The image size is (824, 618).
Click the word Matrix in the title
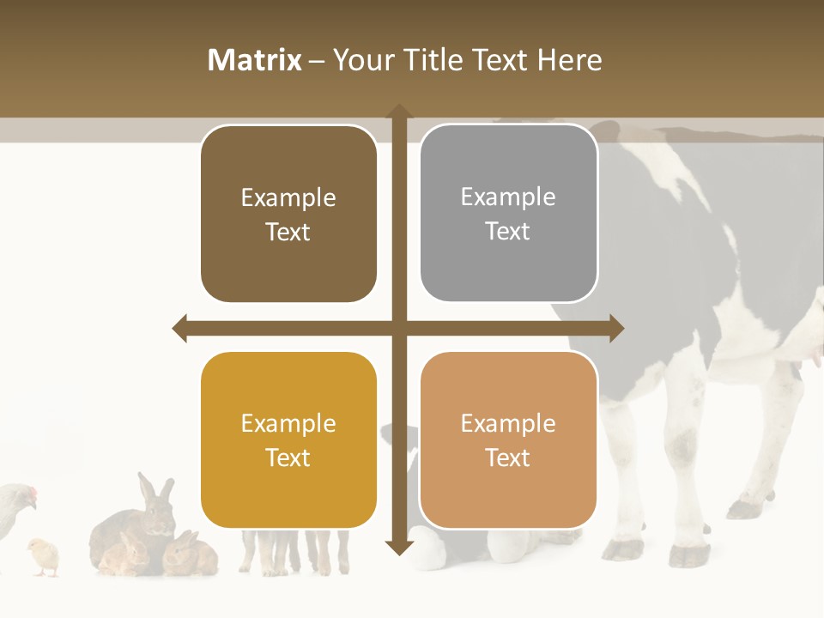pos(254,60)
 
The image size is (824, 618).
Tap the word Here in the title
pos(569,60)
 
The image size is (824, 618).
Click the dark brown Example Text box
pos(288,215)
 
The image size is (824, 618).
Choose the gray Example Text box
pos(508,214)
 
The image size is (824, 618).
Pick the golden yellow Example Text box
pos(288,440)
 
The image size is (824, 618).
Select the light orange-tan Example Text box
pos(508,440)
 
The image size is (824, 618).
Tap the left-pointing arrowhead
pos(180,329)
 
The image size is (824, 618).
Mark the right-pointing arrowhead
pos(616,329)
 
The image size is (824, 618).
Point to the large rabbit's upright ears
pos(154,491)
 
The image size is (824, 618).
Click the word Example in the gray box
pos(508,197)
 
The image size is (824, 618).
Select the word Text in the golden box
pos(288,457)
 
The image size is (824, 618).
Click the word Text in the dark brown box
pos(288,232)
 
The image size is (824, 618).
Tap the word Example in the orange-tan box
pos(508,423)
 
